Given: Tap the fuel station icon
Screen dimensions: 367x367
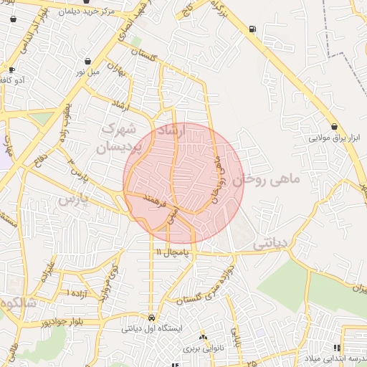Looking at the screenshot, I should point(252,29).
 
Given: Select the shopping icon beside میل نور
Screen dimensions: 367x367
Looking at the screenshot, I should point(87,62).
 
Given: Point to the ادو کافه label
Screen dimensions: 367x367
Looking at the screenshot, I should point(12,80).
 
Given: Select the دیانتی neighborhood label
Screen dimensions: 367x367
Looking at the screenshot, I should point(270,244).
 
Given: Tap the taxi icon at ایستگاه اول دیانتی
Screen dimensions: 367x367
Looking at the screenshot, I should point(151,318).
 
